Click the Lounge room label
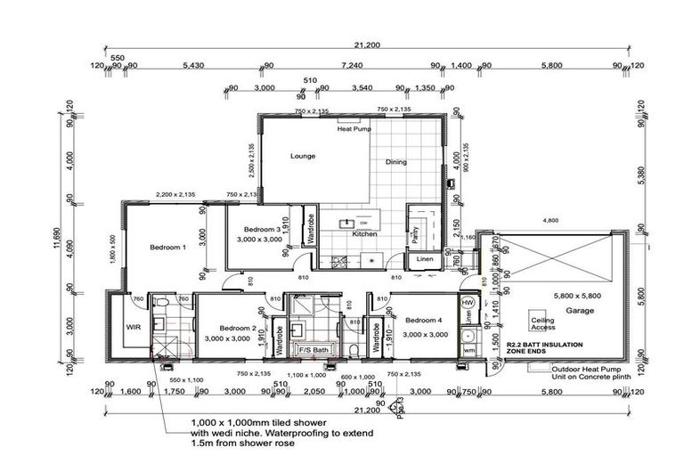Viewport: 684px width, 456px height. (304, 156)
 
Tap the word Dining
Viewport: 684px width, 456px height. (396, 162)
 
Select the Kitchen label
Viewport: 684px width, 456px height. (364, 234)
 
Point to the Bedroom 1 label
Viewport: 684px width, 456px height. (167, 248)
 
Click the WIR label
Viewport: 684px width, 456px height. (134, 328)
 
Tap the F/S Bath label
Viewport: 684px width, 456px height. (313, 351)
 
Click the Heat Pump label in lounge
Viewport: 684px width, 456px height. (354, 129)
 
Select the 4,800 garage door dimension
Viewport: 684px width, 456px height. (551, 221)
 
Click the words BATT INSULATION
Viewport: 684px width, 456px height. (550, 343)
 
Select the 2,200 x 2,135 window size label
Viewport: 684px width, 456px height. (175, 194)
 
